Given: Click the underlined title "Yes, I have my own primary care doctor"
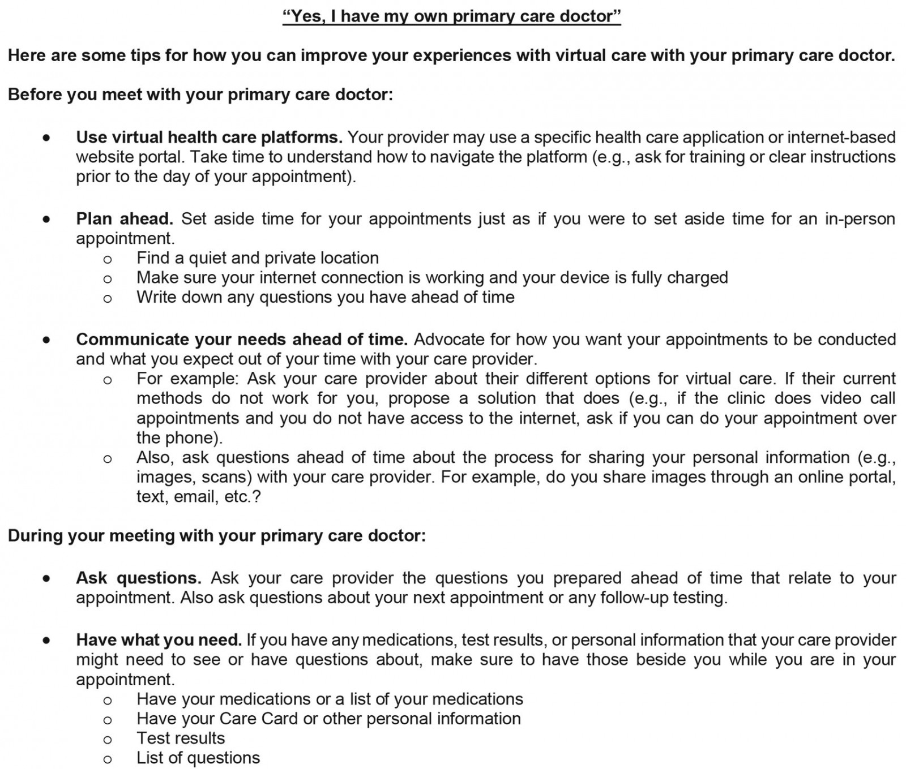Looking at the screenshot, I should [452, 16].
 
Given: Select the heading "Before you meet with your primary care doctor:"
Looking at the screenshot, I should [200, 94].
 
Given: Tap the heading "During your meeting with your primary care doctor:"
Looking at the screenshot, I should [217, 535].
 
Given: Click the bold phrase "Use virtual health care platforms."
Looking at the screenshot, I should [209, 138].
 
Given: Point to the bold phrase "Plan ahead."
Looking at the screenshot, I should [125, 219].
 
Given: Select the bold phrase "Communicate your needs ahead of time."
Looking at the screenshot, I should [242, 340].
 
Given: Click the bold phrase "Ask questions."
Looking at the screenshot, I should [139, 578].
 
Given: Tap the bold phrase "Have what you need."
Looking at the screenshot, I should [159, 640].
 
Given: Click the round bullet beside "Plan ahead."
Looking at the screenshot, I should [46, 219].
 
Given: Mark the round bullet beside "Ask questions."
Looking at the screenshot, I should [46, 578].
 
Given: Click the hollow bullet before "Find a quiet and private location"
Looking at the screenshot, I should [108, 259].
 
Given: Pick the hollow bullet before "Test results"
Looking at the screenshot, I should [108, 740].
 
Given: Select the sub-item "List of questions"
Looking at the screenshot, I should [198, 758].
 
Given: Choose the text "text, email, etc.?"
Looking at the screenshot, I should [198, 497].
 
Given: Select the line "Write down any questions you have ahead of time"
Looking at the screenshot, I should [325, 297].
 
